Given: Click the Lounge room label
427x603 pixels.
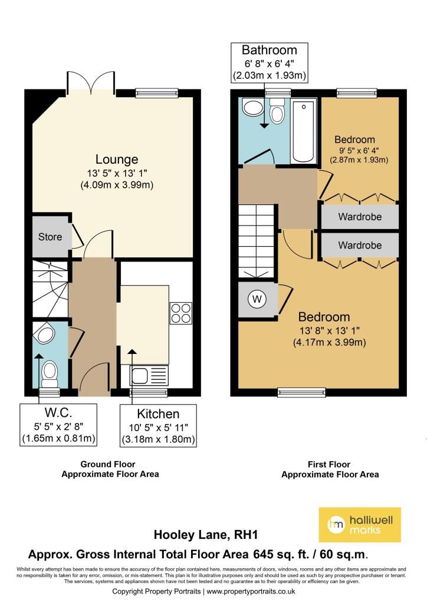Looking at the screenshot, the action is (117, 159).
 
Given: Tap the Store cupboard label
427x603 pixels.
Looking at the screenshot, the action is (50, 237).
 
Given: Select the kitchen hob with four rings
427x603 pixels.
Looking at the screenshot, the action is (181, 313).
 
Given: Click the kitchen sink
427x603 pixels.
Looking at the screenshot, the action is (150, 375).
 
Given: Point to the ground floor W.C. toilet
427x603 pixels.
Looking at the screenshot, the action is (50, 373).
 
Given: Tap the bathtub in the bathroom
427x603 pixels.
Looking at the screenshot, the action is (303, 131).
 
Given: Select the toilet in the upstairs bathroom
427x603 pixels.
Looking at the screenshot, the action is (277, 110).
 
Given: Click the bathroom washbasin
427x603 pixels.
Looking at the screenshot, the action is (252, 107).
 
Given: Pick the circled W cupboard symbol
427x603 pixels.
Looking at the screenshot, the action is (257, 299).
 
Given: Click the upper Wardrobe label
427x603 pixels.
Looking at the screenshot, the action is (360, 217).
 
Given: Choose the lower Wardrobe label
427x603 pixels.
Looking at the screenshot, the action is (360, 246).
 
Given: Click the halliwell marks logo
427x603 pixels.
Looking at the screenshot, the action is (360, 525).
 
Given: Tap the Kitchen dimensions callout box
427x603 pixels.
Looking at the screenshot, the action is (158, 425).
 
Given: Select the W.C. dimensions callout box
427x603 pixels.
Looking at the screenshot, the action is (58, 425).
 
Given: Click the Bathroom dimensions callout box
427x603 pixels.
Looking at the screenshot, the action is (269, 62).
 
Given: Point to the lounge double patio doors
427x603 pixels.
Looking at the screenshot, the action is (91, 82).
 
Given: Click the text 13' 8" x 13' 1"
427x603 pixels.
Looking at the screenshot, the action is (330, 330).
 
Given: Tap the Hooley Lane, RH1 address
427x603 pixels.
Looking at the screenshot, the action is (206, 535).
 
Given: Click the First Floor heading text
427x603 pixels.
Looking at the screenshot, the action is (329, 464).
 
